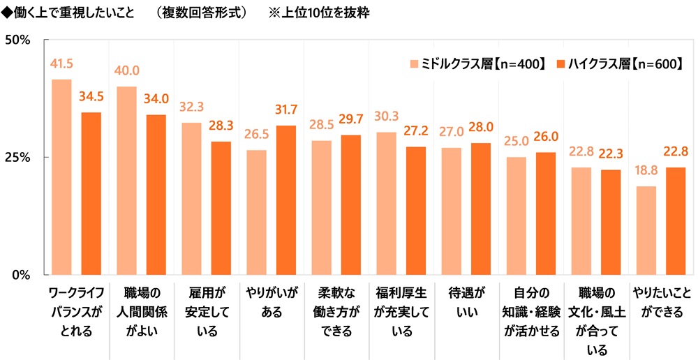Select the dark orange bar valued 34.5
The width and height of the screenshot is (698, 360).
click(x=91, y=193)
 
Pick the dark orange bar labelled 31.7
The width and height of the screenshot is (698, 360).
click(x=286, y=200)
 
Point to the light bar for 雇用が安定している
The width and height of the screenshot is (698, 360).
click(x=191, y=198)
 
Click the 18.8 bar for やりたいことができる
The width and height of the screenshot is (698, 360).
click(x=646, y=230)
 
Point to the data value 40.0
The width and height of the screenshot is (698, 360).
click(x=126, y=72)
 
